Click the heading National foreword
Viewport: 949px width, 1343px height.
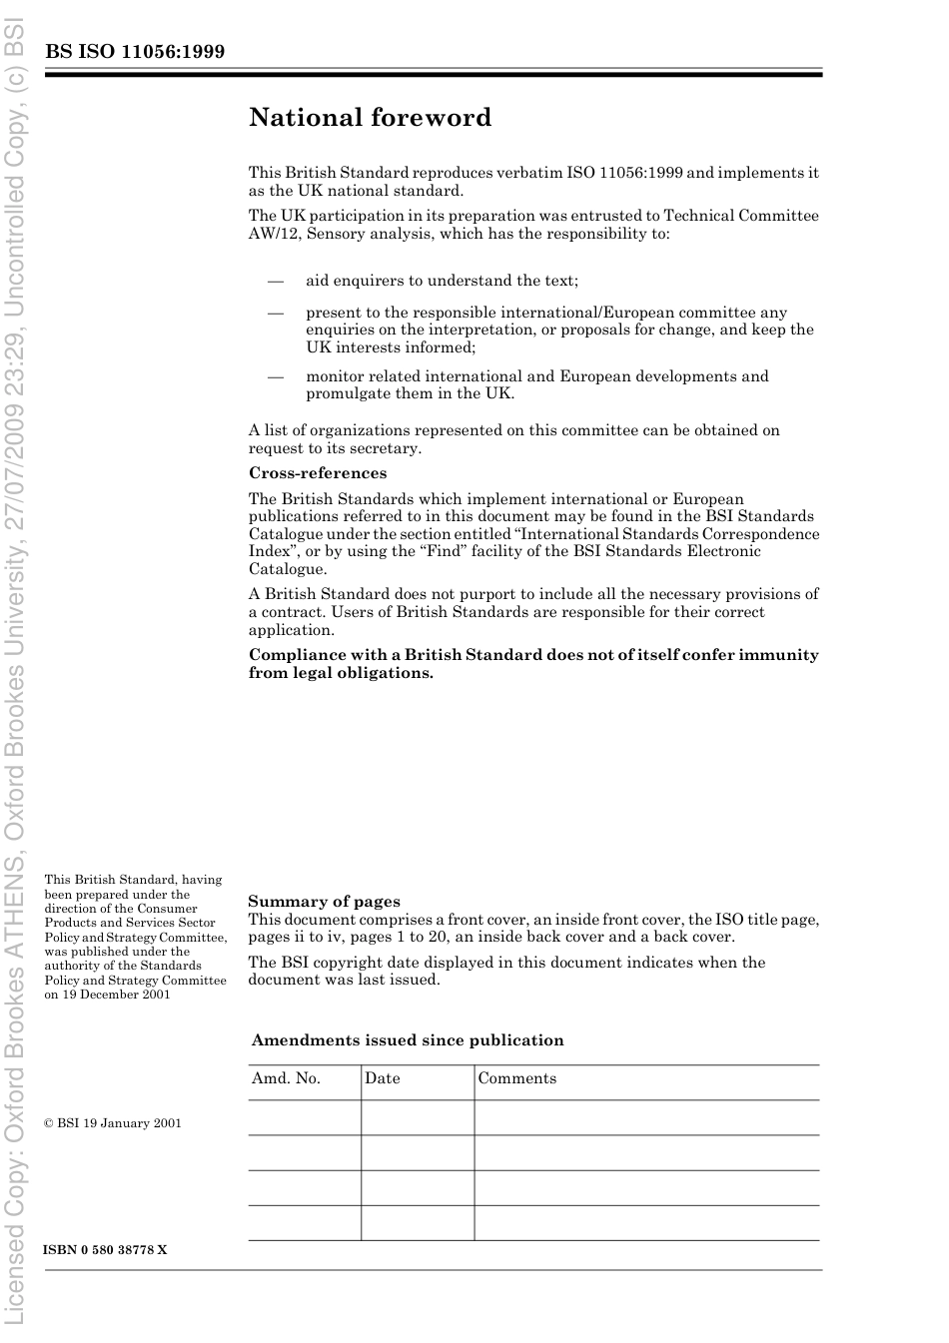click(370, 118)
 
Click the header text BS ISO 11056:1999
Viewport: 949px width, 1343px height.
click(135, 52)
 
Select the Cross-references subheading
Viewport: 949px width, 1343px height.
click(318, 473)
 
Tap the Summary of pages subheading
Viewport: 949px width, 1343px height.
click(324, 902)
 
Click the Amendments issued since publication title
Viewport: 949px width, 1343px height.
click(408, 1040)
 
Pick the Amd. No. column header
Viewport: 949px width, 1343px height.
click(286, 1078)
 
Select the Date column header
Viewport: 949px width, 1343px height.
click(383, 1078)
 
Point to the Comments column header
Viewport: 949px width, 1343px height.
click(517, 1078)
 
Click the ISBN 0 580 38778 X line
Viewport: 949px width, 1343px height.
click(106, 1250)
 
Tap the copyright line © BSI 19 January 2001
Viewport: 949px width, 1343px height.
click(113, 1123)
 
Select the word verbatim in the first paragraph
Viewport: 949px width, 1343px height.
click(533, 173)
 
